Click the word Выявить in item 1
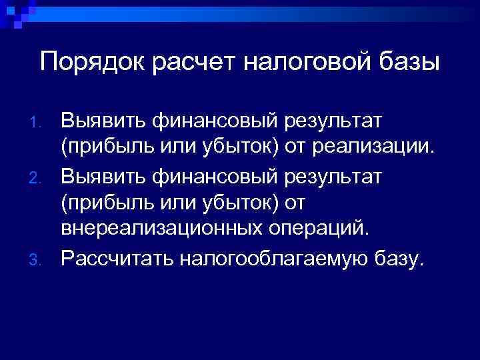click(93, 122)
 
